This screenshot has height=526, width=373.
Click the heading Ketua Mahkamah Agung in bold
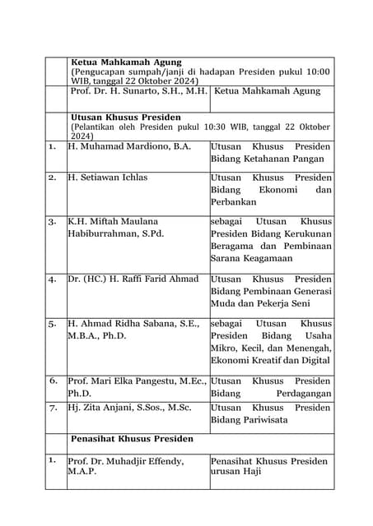[x=126, y=62]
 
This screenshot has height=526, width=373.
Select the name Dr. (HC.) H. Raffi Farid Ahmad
[x=133, y=279]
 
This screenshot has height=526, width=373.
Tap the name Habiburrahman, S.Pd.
[x=115, y=233]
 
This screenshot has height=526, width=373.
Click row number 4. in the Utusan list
[x=52, y=279]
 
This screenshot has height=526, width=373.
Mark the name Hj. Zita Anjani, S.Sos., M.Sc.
[x=129, y=408]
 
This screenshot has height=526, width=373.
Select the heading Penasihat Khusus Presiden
[x=132, y=439]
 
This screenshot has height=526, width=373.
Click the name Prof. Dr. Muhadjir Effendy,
[x=125, y=461]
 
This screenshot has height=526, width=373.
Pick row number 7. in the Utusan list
[x=52, y=408]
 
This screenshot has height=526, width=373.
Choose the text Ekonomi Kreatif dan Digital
[x=270, y=360]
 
